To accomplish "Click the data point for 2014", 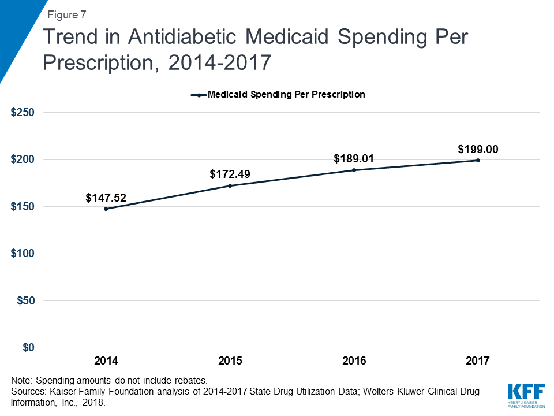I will pos(106,209).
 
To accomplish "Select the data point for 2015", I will pos(230,185).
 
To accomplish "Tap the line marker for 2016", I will pos(354,170).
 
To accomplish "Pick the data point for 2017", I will pos(478,160).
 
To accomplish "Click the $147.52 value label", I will pos(106,198).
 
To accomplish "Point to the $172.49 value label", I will pos(230,174).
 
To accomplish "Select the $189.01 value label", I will pos(354,159).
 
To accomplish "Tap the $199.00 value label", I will pos(478,149).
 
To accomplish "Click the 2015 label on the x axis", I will pos(230,361).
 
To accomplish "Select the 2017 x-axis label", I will pos(478,361).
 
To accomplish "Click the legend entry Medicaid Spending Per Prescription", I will pos(286,94).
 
